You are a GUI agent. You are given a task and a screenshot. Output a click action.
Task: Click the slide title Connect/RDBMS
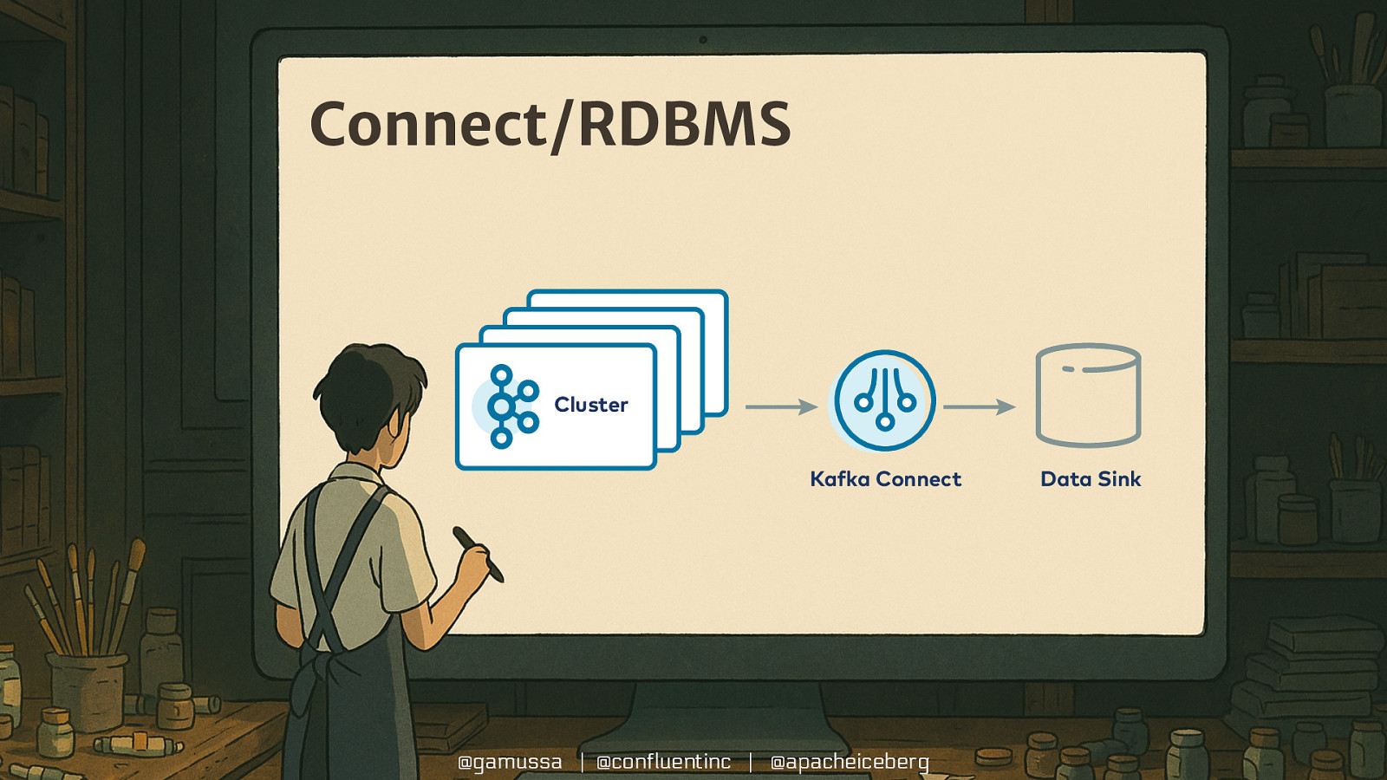[x=550, y=124]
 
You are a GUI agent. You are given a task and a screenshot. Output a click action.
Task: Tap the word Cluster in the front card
[x=591, y=405]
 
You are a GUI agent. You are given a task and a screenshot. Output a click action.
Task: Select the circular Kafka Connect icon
[x=884, y=400]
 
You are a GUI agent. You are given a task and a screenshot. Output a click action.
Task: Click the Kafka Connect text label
[x=885, y=479]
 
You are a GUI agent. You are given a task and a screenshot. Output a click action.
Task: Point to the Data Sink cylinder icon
[x=1088, y=395]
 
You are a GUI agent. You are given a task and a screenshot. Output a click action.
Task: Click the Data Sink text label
[x=1091, y=479]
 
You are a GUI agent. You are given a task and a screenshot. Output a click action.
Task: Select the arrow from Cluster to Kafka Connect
[x=780, y=406]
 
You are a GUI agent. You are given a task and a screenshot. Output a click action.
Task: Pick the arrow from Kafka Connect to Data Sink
[x=979, y=406]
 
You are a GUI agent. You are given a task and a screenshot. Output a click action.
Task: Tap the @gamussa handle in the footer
[x=510, y=762]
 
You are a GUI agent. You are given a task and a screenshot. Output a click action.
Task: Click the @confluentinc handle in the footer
[x=664, y=762]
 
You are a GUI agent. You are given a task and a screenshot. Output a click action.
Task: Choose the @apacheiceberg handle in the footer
[x=850, y=762]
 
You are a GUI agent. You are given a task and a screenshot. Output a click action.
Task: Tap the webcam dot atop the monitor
[x=703, y=40]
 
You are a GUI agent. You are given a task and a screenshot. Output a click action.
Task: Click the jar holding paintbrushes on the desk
[x=87, y=689]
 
